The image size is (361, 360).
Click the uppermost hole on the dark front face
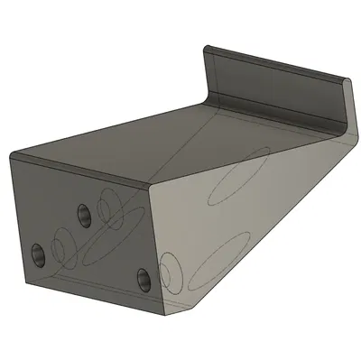pyautogui.click(x=83, y=215)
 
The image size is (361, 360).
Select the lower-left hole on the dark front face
pyautogui.click(x=38, y=254)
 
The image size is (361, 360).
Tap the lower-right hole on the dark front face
pyautogui.click(x=145, y=279)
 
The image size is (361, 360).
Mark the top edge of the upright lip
pyautogui.click(x=271, y=62)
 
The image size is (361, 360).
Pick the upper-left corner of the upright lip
pyautogui.click(x=208, y=48)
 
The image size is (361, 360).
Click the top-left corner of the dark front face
pyautogui.click(x=12, y=156)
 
